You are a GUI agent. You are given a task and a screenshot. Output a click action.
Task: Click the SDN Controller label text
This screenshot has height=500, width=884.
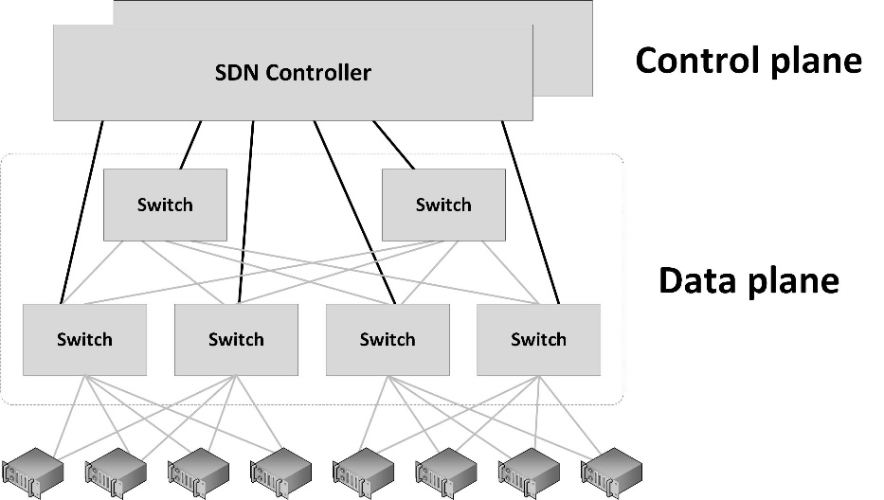pos(293,73)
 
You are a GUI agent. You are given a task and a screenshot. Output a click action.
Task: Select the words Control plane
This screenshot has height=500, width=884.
pos(748,61)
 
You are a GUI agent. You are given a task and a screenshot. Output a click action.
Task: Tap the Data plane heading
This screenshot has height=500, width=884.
pos(748,281)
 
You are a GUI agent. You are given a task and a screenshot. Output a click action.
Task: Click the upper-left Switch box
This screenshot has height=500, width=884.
pos(165,205)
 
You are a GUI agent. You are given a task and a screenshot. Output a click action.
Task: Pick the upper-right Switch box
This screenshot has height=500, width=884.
pos(443,205)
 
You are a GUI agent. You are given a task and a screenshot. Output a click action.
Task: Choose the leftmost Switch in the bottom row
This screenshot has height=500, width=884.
pos(84,339)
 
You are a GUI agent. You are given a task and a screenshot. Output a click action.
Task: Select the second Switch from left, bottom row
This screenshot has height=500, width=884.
pos(236,339)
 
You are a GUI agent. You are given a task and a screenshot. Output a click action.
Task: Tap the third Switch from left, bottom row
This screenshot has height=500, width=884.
pos(388,339)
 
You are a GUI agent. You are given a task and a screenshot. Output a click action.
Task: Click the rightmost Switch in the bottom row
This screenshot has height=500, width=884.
pos(538,339)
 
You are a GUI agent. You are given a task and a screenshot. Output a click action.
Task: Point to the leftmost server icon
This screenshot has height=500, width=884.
pos(33,472)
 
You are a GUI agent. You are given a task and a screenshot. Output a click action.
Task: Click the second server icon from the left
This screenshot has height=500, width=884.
pos(116,472)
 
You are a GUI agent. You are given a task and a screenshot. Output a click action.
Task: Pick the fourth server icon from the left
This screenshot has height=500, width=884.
pos(281,472)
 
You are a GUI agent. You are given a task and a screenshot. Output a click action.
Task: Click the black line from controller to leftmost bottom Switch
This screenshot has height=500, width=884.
pos(81,212)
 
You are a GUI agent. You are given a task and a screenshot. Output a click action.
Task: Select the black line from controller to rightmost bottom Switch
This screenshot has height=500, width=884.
pos(531,212)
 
